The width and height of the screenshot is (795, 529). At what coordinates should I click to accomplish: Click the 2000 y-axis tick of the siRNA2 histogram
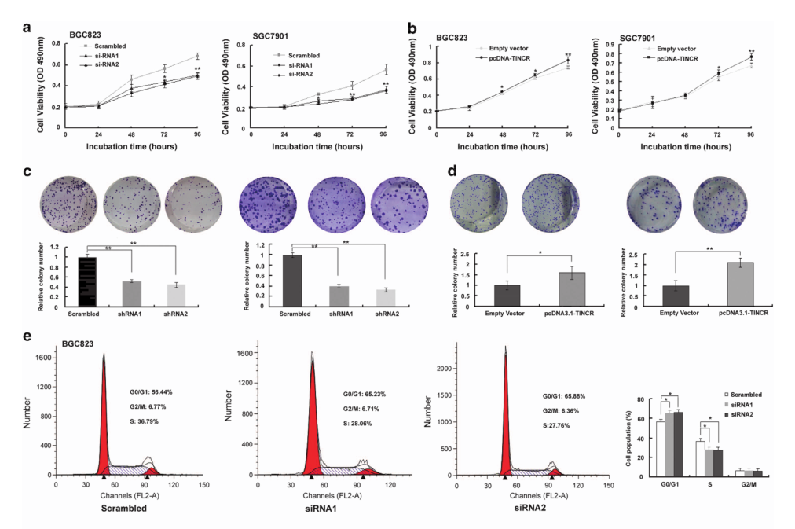tap(441, 369)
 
